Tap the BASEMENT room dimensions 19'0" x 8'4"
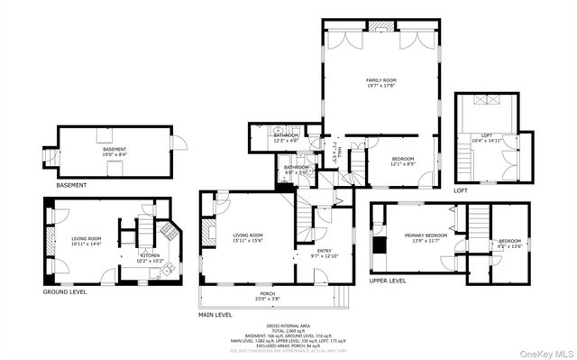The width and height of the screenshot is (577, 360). coord(114,154)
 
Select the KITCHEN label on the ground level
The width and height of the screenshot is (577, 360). coord(150,255)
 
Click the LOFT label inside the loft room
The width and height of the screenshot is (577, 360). coord(487,135)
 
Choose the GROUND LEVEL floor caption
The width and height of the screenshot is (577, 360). coord(65,292)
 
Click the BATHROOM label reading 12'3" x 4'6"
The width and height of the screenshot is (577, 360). coord(287,136)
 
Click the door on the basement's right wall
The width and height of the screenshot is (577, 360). coord(179,143)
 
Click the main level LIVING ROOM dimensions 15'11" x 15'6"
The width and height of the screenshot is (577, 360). coord(247,240)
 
